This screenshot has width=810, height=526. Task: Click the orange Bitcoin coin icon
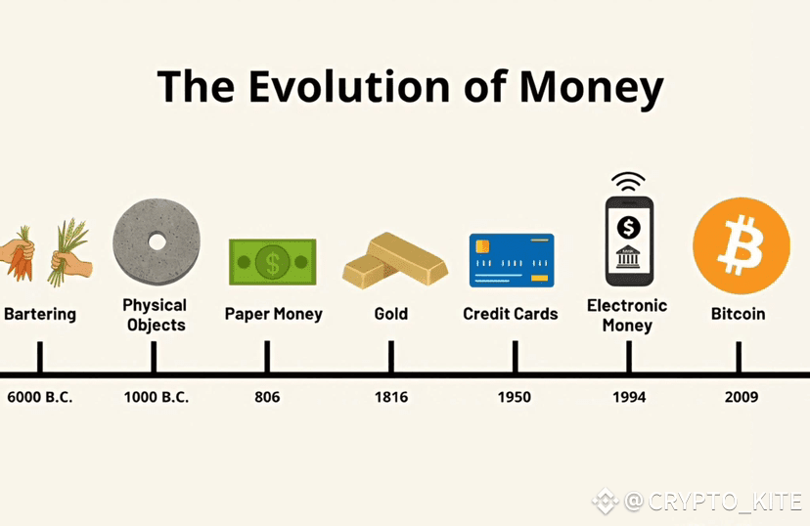(x=742, y=245)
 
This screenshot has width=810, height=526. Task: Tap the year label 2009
(x=742, y=397)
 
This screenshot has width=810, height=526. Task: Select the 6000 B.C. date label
(x=40, y=397)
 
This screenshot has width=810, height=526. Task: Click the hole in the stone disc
(x=157, y=241)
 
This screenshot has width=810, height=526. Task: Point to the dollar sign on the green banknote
(x=272, y=262)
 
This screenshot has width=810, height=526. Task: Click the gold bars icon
(x=394, y=260)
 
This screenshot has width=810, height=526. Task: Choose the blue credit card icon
(x=512, y=260)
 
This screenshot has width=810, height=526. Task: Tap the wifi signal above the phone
(x=628, y=181)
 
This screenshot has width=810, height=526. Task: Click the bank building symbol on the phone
(x=628, y=256)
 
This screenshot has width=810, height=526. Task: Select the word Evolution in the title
(x=350, y=86)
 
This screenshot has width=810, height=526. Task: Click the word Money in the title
(x=592, y=89)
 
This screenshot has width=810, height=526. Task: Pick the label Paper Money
(x=273, y=314)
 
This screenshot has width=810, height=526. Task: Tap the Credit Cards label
(x=511, y=314)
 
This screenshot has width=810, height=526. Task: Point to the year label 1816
(x=391, y=397)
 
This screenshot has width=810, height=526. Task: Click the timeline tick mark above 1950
(x=515, y=356)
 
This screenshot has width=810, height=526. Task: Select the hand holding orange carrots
(x=18, y=254)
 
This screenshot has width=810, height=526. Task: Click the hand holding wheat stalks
(x=70, y=253)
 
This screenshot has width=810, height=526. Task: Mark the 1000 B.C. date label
(x=156, y=397)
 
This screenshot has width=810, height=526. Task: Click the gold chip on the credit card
(x=482, y=245)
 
